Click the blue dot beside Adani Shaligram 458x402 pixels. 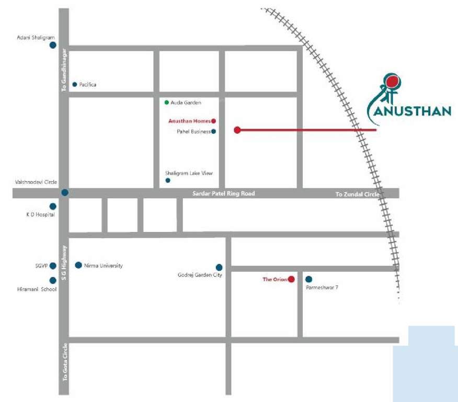[x=53, y=45]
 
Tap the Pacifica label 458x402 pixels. [x=88, y=84]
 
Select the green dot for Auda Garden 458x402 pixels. [x=166, y=102]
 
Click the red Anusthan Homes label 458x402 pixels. [x=189, y=121]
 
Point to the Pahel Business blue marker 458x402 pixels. [x=213, y=131]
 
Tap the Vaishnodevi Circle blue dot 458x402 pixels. [x=64, y=193]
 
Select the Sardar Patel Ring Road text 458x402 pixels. [x=223, y=194]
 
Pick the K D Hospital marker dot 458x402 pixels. [x=53, y=206]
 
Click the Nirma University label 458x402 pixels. [x=103, y=266]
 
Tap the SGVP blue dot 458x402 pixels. [x=53, y=266]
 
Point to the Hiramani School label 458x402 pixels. [x=37, y=289]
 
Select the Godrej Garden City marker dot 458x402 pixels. [x=219, y=267]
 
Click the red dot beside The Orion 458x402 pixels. [x=291, y=280]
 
